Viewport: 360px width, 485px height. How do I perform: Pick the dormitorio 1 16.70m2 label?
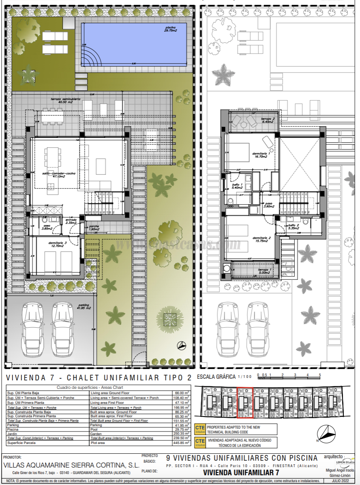[260, 156]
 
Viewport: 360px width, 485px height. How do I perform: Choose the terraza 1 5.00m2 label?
[266, 271]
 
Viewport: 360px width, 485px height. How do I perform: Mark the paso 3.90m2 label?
[268, 205]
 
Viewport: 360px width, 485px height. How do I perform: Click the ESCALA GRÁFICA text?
[216, 377]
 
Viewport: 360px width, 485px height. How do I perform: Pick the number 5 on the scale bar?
[320, 375]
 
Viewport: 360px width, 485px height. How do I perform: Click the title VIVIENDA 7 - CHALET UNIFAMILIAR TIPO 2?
[99, 378]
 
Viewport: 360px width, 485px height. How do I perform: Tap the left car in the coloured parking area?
[34, 328]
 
